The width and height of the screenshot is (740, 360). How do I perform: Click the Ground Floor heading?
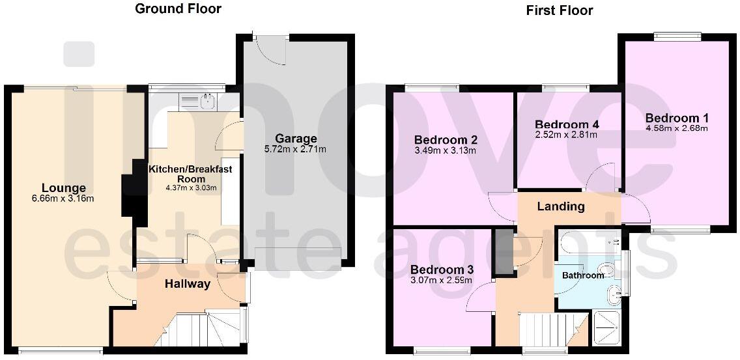coord(178,9)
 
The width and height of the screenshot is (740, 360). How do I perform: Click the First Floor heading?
coord(560,10)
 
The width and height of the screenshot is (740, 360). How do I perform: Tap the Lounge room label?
coord(64,189)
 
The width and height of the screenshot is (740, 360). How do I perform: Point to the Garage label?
coord(296,139)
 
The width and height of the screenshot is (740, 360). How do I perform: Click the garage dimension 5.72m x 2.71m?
coord(296,149)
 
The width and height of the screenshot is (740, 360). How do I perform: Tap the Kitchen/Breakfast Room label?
coord(190,174)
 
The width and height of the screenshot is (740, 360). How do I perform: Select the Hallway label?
coord(187,284)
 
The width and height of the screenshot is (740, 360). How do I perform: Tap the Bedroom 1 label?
coord(677,118)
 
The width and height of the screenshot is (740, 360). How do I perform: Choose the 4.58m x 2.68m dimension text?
coord(677,128)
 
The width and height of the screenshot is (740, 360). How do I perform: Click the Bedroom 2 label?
coord(446,140)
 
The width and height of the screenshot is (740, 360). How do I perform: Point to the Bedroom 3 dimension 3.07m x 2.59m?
coord(441,281)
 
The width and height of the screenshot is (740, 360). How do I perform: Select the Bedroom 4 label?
coord(566,124)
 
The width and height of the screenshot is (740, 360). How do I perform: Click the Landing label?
coord(560,207)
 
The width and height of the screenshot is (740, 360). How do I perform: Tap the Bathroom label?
coord(583,275)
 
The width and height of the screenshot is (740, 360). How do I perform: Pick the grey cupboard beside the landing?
coord(504,252)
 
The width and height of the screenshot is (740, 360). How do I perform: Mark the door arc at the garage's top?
coord(272,51)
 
